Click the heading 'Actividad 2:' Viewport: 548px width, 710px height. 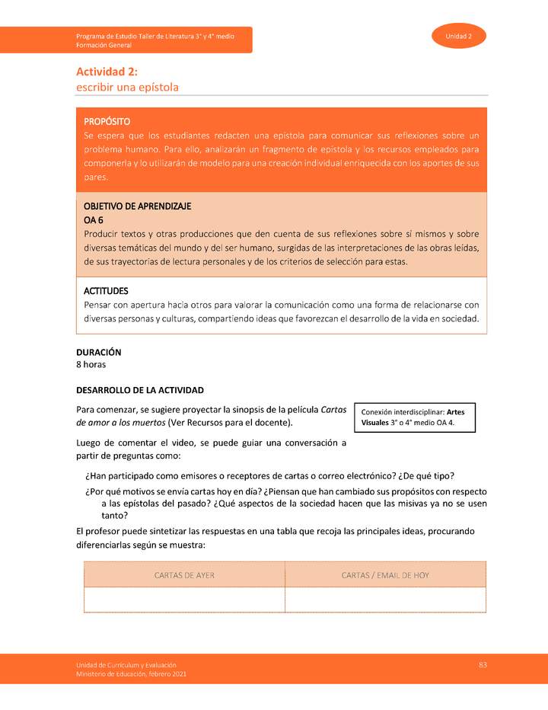pos(106,72)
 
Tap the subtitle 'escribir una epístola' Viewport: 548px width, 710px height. pos(127,87)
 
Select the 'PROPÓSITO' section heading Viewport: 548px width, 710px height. pos(107,121)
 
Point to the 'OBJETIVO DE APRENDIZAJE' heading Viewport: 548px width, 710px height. pos(137,206)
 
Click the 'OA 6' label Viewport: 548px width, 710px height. pos(93,220)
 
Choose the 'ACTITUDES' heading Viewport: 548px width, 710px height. pos(105,291)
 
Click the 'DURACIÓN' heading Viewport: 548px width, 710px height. pos(98,353)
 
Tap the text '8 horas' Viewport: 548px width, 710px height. pos(91,365)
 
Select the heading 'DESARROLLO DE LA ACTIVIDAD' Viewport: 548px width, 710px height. pos(140,390)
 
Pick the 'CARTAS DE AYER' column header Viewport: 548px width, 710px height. pos(184,575)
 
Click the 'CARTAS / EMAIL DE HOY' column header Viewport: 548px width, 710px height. pos(385,575)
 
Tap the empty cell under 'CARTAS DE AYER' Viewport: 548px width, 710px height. pos(184,600)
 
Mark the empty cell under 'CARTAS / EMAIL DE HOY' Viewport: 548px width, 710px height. pos(385,600)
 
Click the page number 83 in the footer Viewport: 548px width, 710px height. pos(483,665)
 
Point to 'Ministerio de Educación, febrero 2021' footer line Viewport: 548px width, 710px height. pos(130,674)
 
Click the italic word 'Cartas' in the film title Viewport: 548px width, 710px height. pos(333,409)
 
